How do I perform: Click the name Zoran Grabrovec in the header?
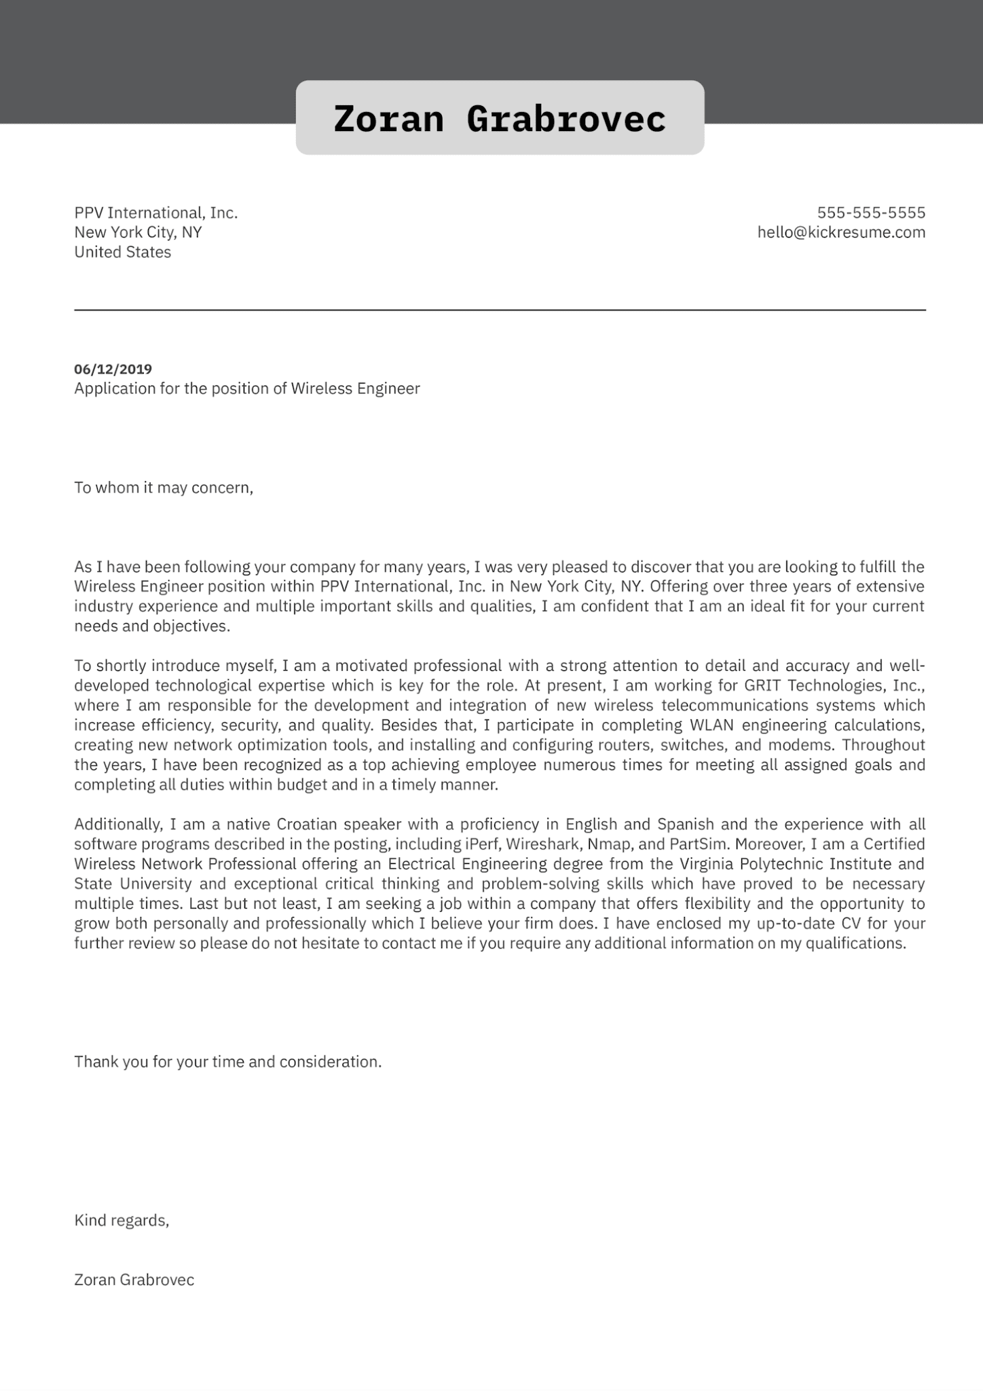tap(500, 119)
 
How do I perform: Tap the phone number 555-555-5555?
tap(871, 213)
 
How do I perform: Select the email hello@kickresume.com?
tap(841, 232)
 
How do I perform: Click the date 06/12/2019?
tap(113, 369)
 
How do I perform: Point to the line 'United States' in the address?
tap(122, 252)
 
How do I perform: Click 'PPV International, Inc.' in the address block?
tap(155, 213)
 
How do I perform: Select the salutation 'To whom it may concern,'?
tap(163, 488)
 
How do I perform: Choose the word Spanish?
tap(686, 825)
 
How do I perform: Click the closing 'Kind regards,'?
tap(122, 1221)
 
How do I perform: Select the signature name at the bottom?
tap(134, 1280)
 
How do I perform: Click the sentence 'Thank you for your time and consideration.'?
tap(227, 1062)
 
